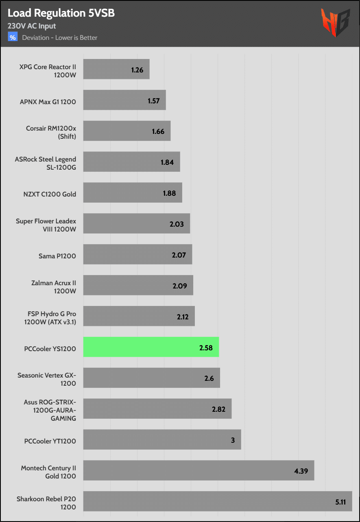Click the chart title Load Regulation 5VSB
(61, 13)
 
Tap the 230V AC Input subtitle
(32, 26)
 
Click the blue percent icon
(13, 37)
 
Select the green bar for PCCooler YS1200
(151, 347)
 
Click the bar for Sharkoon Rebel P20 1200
(218, 501)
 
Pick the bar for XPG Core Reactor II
(116, 69)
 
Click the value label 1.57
(153, 100)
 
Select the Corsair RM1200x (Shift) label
(51, 132)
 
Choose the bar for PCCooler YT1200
(162, 440)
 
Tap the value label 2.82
(218, 409)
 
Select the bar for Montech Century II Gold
(199, 470)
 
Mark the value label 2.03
(177, 224)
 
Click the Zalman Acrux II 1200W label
(53, 287)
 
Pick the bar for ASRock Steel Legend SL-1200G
(131, 162)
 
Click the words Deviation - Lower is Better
(60, 38)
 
